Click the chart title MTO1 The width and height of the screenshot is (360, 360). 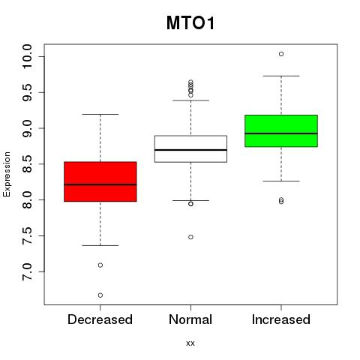pyautogui.click(x=190, y=23)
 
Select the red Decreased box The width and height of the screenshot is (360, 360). pyautogui.click(x=100, y=181)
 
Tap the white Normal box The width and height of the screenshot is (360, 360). pyautogui.click(x=190, y=149)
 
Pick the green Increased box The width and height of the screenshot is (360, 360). pyautogui.click(x=281, y=130)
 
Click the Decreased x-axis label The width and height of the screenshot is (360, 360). pyautogui.click(x=100, y=319)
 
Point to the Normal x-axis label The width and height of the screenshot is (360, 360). pyautogui.click(x=190, y=319)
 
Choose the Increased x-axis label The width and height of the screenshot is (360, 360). pyautogui.click(x=281, y=319)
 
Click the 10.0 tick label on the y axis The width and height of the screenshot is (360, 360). pyautogui.click(x=27, y=56)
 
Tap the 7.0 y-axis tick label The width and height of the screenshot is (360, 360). pyautogui.click(x=27, y=271)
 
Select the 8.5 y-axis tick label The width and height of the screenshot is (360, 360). pyautogui.click(x=27, y=164)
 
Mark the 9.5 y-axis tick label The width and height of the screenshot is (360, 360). pyautogui.click(x=27, y=92)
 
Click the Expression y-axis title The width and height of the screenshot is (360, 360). pyautogui.click(x=7, y=175)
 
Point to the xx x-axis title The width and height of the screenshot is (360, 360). pyautogui.click(x=190, y=343)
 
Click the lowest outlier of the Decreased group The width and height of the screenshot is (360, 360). pyautogui.click(x=100, y=295)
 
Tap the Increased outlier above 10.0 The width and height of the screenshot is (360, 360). pyautogui.click(x=281, y=54)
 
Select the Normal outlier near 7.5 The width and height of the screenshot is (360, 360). pyautogui.click(x=190, y=237)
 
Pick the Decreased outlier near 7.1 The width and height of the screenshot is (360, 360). pyautogui.click(x=100, y=265)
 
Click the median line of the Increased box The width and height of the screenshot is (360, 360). pyautogui.click(x=281, y=133)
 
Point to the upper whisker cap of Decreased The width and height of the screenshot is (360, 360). pyautogui.click(x=100, y=114)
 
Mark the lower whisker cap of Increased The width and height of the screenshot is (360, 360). pyautogui.click(x=281, y=181)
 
